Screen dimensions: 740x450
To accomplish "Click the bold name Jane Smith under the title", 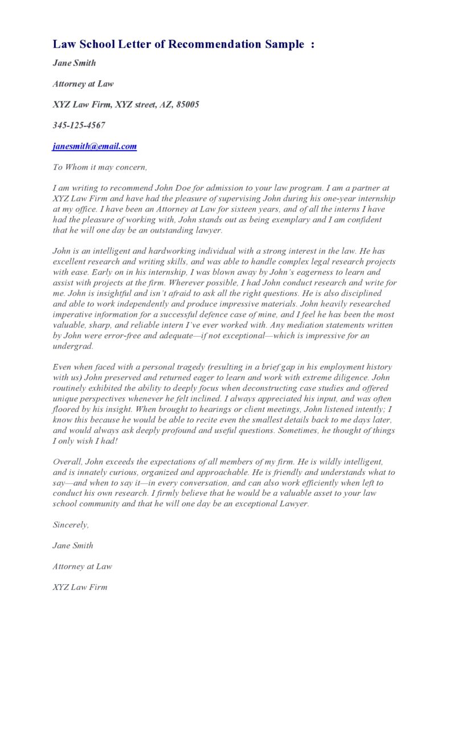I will point(74,63).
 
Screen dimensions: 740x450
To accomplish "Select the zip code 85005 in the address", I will point(187,105).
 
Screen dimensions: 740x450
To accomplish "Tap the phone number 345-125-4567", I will point(79,125).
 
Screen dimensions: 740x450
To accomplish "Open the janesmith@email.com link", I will point(95,146).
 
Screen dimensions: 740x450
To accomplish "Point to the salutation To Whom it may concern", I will point(100,167).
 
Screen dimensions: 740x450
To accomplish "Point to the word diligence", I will point(350,378).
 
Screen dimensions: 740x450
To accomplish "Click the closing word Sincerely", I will point(71,525).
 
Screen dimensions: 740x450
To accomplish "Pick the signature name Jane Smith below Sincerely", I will point(73,545).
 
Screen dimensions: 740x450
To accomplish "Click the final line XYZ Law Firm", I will point(80,587).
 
